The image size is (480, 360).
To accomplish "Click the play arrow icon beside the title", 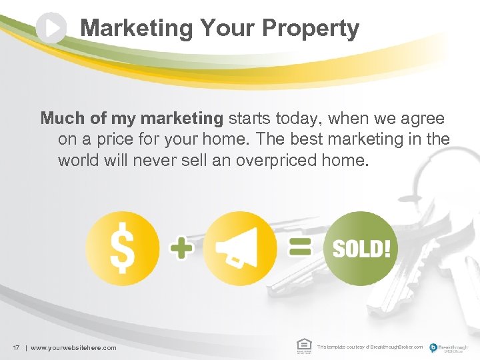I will [51, 28].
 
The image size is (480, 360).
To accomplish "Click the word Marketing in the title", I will [136, 28].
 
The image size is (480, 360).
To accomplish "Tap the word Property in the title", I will [311, 28].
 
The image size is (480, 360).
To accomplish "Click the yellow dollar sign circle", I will [123, 248].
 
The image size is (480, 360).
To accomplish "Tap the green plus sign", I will [182, 249].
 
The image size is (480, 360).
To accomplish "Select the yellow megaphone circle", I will [239, 248].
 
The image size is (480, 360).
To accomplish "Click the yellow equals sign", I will [300, 248].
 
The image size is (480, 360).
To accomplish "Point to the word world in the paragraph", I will [77, 161].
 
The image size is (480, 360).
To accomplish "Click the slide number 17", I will [15, 347].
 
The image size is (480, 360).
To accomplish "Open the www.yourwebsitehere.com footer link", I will [73, 347].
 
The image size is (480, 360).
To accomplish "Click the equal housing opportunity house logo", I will [303, 345].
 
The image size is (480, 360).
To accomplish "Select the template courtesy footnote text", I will [369, 347].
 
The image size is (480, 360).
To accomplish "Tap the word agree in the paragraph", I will [423, 119].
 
